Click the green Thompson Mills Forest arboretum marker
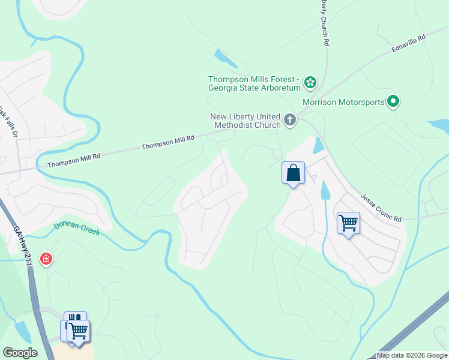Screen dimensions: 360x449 [310, 82]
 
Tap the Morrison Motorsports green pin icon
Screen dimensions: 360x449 [393, 101]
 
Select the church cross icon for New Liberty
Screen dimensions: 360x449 [290, 119]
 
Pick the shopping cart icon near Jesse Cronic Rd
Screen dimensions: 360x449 [348, 223]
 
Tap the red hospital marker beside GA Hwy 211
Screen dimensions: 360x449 [46, 259]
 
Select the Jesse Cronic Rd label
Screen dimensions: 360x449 [381, 208]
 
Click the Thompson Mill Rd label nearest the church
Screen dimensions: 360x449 [168, 142]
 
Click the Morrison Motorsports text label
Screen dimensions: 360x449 [343, 102]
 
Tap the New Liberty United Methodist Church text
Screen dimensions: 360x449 [245, 121]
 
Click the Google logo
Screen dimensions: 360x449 [20, 352]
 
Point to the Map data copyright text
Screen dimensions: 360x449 [412, 355]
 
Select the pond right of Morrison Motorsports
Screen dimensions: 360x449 [439, 126]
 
